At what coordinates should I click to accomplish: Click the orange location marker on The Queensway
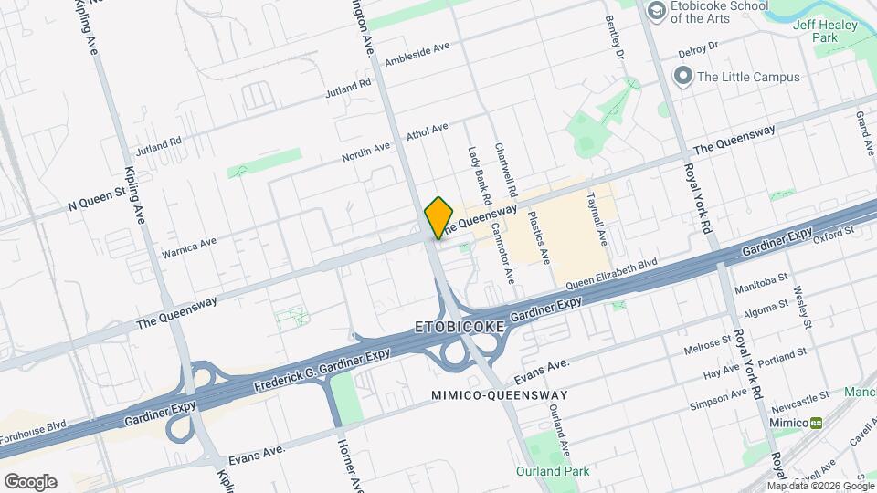(439, 216)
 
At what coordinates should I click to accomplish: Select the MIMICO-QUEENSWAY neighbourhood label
(500, 395)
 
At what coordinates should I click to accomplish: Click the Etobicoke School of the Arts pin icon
(655, 11)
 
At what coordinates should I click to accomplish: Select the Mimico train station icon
(817, 423)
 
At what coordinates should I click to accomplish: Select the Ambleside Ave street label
(417, 54)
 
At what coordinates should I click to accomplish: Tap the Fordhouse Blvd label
(34, 432)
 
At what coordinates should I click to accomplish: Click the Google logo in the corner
(30, 481)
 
